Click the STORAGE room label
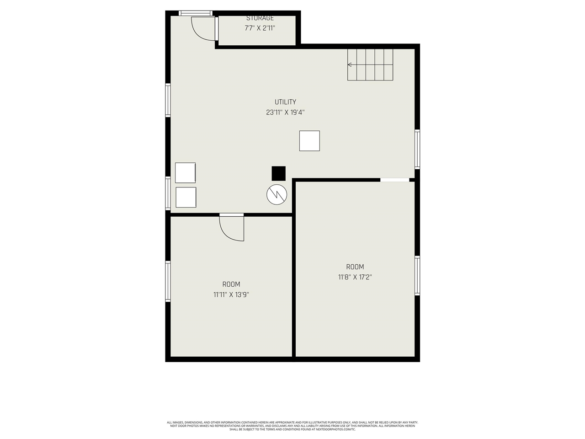pos(260,18)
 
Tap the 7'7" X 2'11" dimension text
pos(260,28)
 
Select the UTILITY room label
pos(285,102)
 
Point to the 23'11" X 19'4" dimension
pos(285,112)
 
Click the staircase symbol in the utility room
pos(370,64)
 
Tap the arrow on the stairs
pos(350,65)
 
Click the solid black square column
pos(278,173)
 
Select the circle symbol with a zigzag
pos(277,195)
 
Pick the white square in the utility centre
pos(309,141)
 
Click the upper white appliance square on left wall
pos(186,172)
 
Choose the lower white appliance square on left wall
pos(186,197)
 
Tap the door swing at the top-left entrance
pos(202,28)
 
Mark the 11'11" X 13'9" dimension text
pos(231,295)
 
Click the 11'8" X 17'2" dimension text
pos(355,277)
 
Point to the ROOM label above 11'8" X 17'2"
pos(355,267)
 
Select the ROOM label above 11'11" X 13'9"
pos(231,284)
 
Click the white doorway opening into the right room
pos(395,180)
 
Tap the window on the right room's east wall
pos(417,276)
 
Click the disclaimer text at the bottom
pos(292,426)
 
